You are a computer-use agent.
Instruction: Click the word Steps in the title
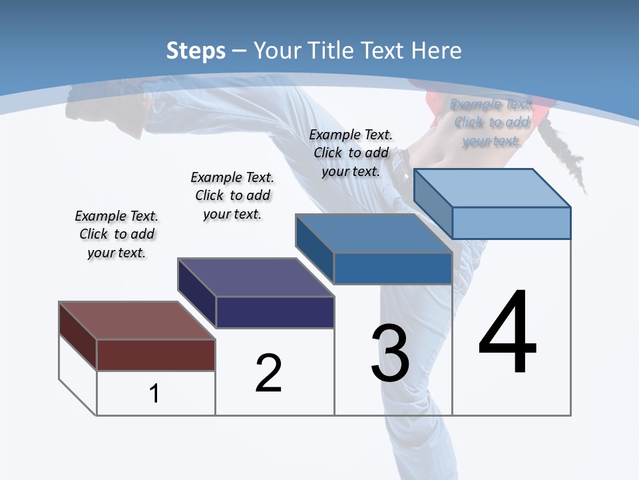(195, 51)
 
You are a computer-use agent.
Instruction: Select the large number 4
(507, 333)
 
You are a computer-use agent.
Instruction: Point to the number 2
(268, 374)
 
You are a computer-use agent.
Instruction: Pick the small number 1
(154, 394)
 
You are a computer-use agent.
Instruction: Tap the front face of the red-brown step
(156, 355)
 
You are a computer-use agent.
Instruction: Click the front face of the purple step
(275, 312)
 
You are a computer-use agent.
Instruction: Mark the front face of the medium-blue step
(393, 268)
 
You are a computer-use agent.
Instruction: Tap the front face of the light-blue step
(511, 223)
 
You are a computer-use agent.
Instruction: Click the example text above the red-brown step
(116, 234)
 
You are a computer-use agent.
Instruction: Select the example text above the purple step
(232, 195)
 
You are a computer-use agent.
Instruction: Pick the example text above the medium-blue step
(351, 153)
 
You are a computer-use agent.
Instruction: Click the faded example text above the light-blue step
(492, 123)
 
